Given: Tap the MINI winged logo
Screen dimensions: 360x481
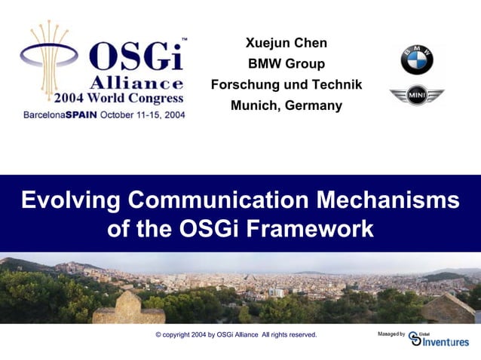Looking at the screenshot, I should [x=417, y=96].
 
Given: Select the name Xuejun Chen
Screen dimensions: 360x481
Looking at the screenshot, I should [x=286, y=43].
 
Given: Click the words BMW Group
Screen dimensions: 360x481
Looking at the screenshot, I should [x=286, y=64].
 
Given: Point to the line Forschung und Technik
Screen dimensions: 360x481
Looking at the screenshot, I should [x=286, y=85].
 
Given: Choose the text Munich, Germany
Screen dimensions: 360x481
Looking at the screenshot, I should [x=286, y=105].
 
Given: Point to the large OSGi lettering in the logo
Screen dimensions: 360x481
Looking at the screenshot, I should [x=136, y=57].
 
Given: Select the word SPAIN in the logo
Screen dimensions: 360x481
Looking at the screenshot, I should [x=84, y=115].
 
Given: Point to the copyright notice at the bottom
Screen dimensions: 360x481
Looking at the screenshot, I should [x=236, y=334].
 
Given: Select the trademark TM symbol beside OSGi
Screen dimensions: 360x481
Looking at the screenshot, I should [x=185, y=38].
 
